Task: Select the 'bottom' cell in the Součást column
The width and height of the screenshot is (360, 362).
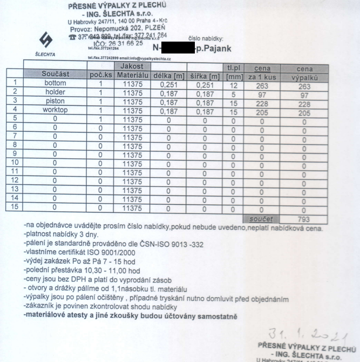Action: point(55,83)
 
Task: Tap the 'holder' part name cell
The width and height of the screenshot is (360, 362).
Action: point(55,92)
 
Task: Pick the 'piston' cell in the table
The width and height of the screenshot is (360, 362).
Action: point(55,101)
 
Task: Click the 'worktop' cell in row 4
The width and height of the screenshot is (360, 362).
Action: point(55,110)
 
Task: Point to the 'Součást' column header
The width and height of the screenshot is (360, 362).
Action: point(55,75)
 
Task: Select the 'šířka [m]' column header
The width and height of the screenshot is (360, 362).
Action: point(203,75)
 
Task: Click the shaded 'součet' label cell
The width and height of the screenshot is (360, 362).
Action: point(261,219)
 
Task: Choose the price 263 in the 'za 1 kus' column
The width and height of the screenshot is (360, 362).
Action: point(261,84)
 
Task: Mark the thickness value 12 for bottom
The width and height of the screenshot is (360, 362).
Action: point(233,84)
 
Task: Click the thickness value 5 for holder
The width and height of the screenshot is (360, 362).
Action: point(233,92)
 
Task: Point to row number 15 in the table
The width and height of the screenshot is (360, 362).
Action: point(15,206)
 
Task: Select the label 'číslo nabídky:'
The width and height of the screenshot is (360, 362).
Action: point(205,38)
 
